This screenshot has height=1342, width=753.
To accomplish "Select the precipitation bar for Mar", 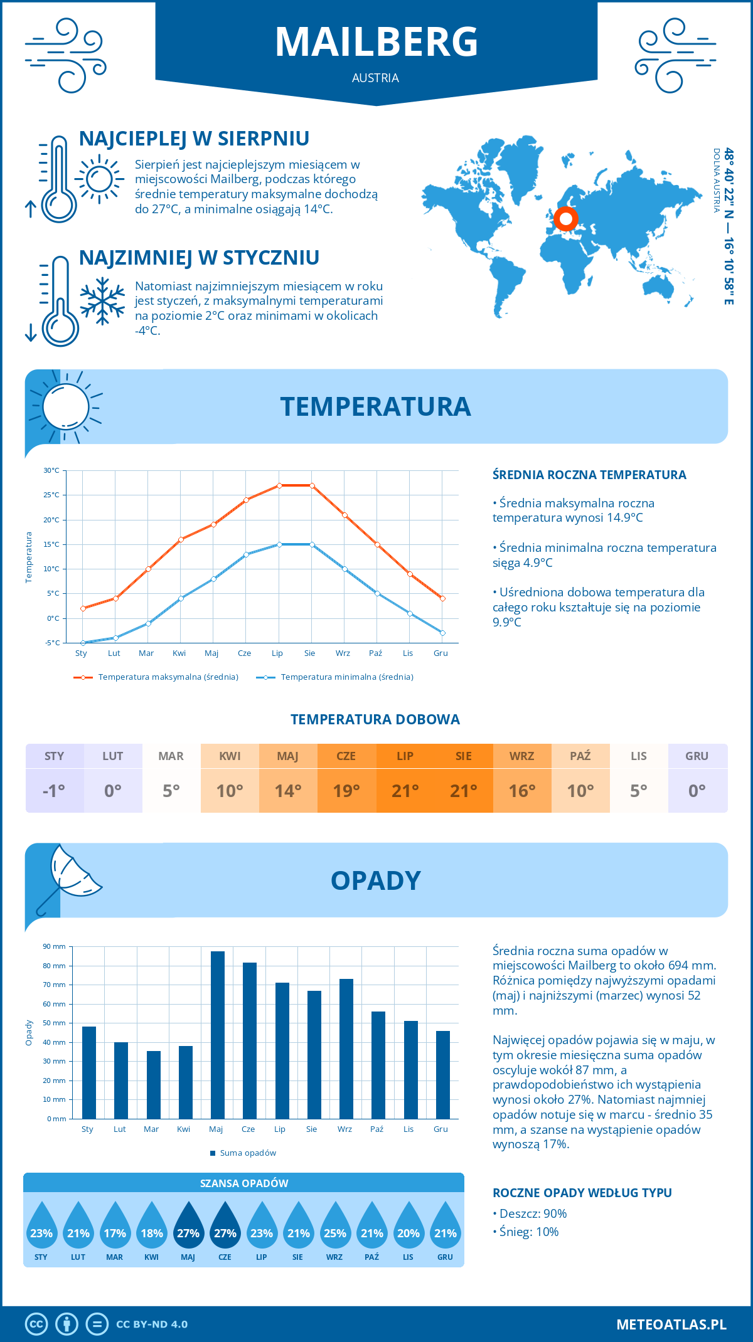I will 153,1084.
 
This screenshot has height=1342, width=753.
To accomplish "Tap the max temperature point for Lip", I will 279,485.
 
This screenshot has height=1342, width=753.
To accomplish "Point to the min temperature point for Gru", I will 442,633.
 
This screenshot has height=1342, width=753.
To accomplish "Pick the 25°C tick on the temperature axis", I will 51,495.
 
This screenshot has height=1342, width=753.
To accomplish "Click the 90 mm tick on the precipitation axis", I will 55,946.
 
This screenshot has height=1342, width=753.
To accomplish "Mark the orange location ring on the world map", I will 566,219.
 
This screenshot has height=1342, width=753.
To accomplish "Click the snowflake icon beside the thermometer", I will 102,301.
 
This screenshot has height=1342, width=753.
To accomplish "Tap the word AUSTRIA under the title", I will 375,78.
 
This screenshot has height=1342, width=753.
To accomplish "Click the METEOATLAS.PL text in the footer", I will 671,1324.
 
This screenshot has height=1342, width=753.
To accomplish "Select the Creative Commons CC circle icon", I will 36,1324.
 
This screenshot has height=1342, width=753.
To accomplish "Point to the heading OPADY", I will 375,880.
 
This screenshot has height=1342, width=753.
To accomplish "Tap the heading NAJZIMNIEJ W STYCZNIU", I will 199,258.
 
